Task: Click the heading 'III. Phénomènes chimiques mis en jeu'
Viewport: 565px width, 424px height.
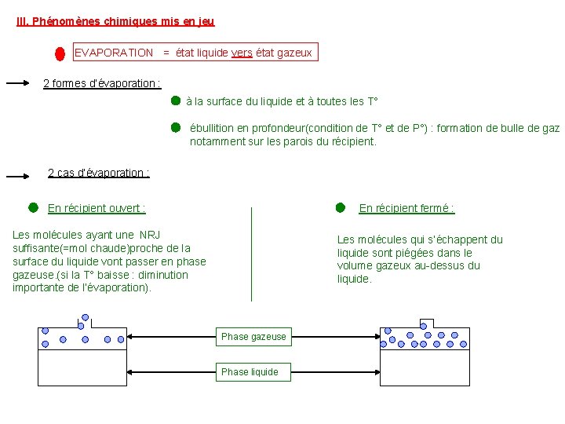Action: point(115,22)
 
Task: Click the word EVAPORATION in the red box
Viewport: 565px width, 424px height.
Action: point(114,53)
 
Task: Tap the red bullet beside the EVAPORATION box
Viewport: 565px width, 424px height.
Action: point(60,53)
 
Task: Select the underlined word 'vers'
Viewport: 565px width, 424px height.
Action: point(242,53)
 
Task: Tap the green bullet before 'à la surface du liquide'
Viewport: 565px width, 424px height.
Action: point(176,101)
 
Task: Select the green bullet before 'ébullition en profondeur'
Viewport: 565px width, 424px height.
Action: point(176,126)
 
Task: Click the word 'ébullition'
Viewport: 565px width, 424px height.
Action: point(214,128)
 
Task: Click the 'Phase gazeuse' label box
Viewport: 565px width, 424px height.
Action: point(253,337)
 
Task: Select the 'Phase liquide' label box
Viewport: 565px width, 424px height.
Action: point(250,372)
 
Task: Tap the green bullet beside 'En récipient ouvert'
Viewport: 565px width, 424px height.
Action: point(33,207)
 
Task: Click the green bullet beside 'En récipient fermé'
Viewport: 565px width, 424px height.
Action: point(340,207)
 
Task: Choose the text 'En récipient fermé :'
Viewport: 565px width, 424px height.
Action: point(406,208)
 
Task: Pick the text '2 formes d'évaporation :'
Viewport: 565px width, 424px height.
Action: point(102,83)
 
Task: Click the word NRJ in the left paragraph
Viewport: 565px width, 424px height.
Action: point(150,235)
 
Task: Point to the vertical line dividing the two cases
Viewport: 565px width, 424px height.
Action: point(251,254)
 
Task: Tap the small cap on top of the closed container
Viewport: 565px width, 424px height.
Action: point(426,323)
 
